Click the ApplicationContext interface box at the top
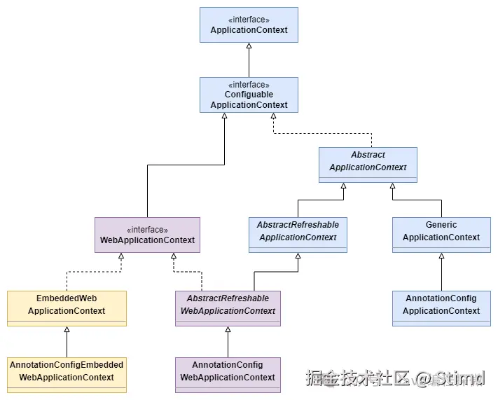click(249, 25)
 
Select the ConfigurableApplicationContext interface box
click(249, 95)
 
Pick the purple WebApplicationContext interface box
click(147, 235)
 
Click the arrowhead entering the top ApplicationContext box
click(249, 46)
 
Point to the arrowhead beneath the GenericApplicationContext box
click(441, 256)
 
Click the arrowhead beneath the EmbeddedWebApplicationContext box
click(67, 329)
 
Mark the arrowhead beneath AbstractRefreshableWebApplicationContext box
click(228, 329)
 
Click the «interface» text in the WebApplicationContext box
click(147, 229)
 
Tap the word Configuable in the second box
click(249, 95)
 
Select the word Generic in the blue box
click(441, 225)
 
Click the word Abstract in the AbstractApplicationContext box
click(368, 155)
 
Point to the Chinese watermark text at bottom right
click(357, 379)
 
